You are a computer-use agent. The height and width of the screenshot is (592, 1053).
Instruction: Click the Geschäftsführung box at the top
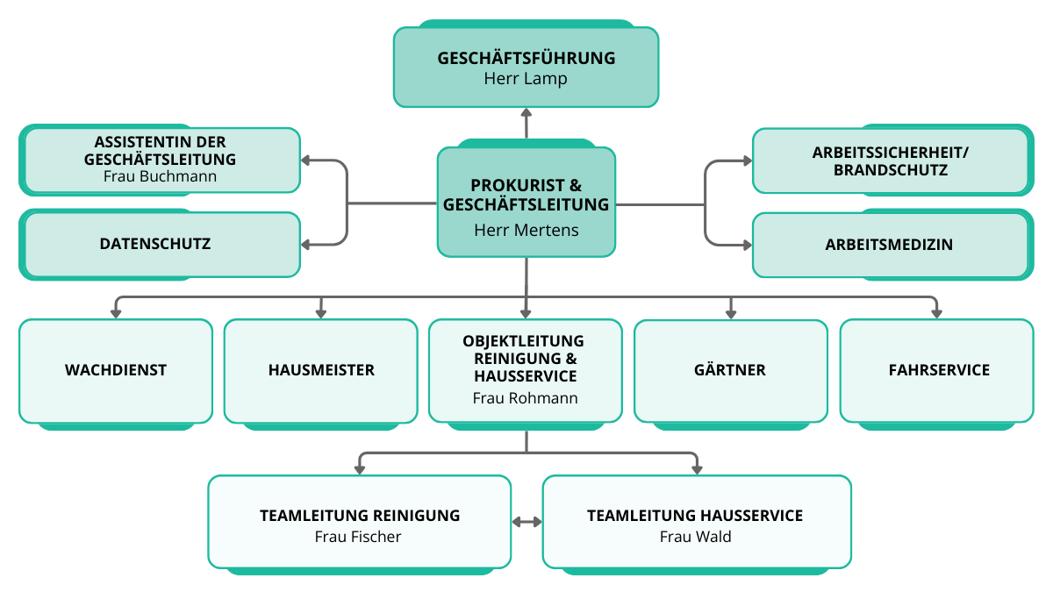[x=526, y=58]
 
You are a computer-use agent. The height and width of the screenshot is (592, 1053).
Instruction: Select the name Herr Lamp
[x=526, y=79]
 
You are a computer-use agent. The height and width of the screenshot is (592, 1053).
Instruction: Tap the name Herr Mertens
[x=526, y=231]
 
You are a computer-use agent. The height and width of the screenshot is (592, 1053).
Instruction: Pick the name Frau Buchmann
[x=160, y=176]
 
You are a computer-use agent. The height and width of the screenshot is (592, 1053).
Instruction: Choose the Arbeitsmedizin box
[x=889, y=245]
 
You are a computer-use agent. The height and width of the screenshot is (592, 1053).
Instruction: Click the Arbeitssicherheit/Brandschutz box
[x=889, y=160]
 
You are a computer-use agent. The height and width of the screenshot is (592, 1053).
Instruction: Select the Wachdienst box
[x=116, y=370]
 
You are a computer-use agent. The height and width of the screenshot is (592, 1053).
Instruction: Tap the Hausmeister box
[x=321, y=370]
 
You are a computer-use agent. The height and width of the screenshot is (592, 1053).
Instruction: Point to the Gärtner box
[x=730, y=370]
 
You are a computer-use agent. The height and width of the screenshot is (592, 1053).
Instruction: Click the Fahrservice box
[x=938, y=370]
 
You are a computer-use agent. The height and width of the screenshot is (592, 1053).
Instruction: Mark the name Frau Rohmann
[x=526, y=398]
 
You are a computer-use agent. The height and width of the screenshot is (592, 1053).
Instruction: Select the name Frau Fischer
[x=358, y=537]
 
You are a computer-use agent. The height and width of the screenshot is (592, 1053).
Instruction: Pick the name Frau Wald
[x=695, y=537]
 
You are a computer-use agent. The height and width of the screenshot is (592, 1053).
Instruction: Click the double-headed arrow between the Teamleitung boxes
[x=526, y=522]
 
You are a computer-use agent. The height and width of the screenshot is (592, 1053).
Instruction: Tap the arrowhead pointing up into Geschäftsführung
[x=526, y=113]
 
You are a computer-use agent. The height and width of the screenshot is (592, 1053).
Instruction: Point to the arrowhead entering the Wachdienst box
[x=116, y=311]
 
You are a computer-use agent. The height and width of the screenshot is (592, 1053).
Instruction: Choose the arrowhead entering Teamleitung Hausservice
[x=696, y=469]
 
